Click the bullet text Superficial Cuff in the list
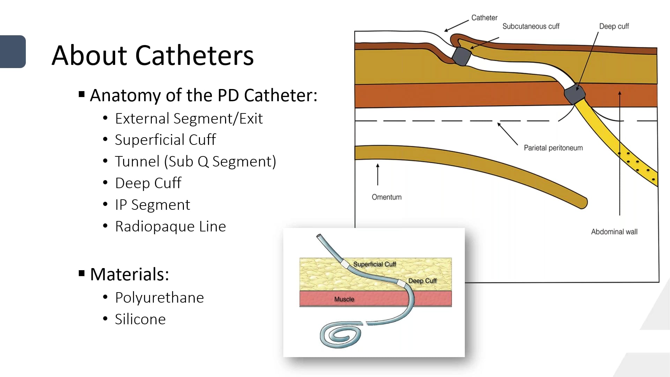[165, 140]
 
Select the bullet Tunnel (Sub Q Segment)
[195, 161]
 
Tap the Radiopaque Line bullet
[170, 226]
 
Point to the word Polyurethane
[159, 298]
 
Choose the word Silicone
[140, 319]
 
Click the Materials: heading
[129, 274]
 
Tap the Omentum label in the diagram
[387, 197]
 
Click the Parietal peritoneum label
[553, 148]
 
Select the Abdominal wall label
[614, 232]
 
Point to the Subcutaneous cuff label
[531, 26]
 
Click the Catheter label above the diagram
[484, 17]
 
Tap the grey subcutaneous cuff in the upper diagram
[461, 56]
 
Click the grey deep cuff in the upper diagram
[575, 94]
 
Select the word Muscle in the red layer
[344, 299]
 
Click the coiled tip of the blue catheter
[341, 335]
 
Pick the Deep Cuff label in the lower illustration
[422, 281]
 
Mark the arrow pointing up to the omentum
[378, 175]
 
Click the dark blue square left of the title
[13, 52]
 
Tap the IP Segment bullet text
[152, 205]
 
